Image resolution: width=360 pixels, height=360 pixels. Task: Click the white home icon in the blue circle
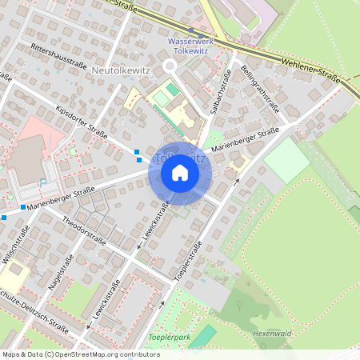pyautogui.click(x=180, y=172)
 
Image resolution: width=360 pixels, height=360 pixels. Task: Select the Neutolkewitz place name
pyautogui.click(x=122, y=70)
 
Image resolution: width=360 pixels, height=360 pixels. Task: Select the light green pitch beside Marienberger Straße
pyautogui.click(x=286, y=162)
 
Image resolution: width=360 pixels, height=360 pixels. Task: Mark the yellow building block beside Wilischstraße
pyautogui.click(x=14, y=277)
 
